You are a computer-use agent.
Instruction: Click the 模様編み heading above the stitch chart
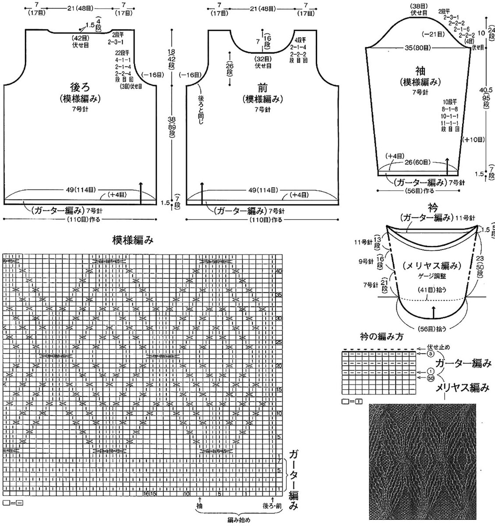pos(133,240)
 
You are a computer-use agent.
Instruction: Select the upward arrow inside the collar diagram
pos(433,312)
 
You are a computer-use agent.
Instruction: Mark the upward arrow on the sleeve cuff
pos(447,167)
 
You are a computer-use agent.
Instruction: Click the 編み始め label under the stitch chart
pos(239,520)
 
